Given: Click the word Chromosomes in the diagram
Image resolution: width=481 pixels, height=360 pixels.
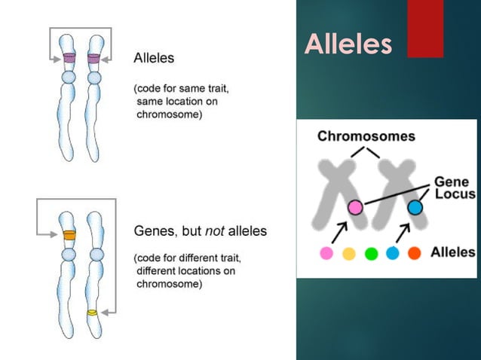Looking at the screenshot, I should pos(366,136).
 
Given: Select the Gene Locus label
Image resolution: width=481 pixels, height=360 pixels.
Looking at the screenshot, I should pos(454,188).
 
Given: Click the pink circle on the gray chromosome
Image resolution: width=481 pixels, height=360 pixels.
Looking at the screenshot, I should pos(354,207).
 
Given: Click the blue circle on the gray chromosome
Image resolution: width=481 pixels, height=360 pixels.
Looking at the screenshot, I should pos(415,207).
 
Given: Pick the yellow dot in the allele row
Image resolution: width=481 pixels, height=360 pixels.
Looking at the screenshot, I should pos(349,254).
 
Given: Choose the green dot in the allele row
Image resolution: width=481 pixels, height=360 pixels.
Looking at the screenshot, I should pos(371,254).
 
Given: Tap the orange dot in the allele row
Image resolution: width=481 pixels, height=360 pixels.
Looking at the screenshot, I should pos(415,254).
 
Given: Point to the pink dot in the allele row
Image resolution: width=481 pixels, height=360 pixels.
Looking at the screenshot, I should pos(326,254).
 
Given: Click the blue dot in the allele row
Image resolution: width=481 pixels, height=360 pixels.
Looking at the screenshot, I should pos(393,254).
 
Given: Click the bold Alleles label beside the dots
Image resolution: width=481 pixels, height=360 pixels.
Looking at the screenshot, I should pos(452,252).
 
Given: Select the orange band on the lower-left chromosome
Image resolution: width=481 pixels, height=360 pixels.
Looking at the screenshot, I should pos(69,234).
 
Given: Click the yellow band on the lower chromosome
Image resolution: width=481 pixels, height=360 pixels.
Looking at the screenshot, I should pos(92,312).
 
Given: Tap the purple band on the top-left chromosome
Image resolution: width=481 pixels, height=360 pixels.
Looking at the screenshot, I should pos(69,58).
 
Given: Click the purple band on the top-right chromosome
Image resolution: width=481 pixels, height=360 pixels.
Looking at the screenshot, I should pos(94,58).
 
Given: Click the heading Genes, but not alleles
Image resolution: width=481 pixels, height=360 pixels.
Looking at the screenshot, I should pos(200,231).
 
